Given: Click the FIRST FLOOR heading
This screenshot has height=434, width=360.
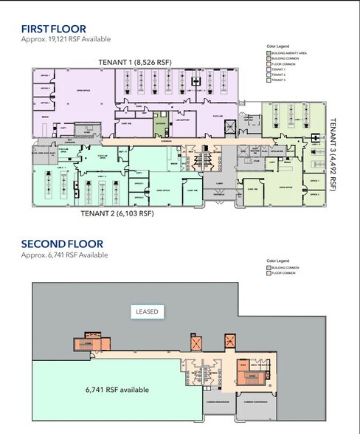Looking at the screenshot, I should [53, 30].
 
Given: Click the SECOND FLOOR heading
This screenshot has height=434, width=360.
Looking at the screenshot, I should [62, 244].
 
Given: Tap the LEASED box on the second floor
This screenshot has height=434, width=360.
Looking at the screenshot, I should [147, 311].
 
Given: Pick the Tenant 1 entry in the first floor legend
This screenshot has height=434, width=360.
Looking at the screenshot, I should [281, 69].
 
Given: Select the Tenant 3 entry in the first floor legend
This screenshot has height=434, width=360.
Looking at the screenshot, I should [281, 80].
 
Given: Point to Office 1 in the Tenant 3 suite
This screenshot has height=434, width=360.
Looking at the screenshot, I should [313, 180].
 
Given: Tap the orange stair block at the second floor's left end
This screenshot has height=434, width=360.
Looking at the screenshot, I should [86, 343].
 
